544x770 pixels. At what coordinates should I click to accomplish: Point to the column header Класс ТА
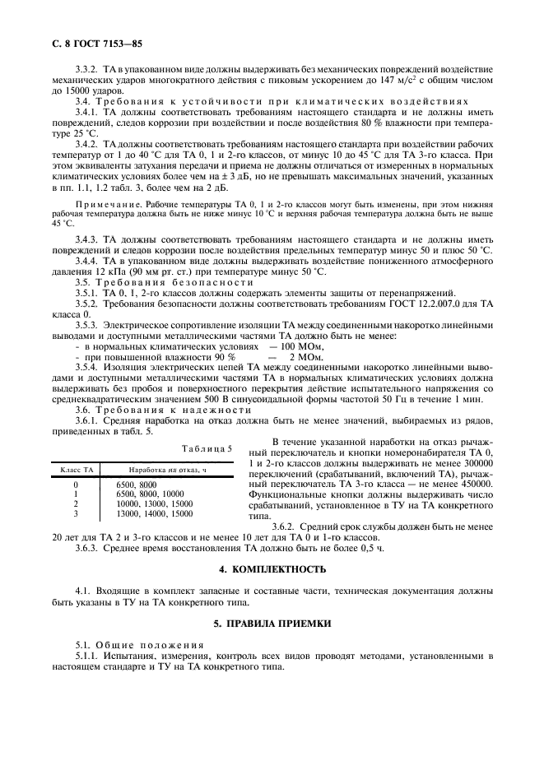[76, 467]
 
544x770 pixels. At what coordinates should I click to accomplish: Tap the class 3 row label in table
[76, 512]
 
